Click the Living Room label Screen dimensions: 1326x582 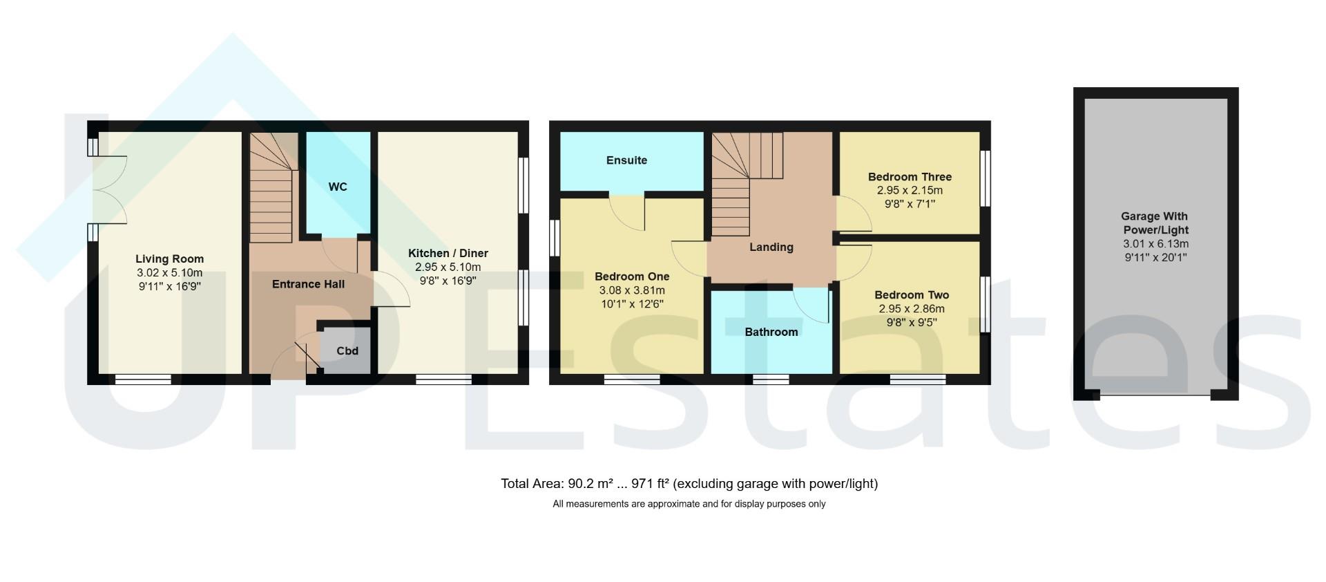coord(169,259)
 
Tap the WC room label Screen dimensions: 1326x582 coord(338,187)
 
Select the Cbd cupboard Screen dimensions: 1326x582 coord(347,351)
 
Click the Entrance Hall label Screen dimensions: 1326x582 coord(308,284)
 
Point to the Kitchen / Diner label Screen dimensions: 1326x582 coord(448,254)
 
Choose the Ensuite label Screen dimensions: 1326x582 coord(626,160)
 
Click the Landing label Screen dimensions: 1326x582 coord(771,247)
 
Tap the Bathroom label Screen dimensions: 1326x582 coord(771,332)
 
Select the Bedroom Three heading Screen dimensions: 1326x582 coord(910,177)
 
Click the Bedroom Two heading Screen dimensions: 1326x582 coord(912,295)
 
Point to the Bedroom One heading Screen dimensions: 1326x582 coord(632,277)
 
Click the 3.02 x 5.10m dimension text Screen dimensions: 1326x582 coord(169,273)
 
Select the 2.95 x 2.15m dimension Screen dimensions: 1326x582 coord(910,191)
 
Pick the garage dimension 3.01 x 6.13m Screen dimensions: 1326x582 coord(1155,244)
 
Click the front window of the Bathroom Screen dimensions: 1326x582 coord(771,379)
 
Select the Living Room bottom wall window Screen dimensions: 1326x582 coord(143,379)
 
